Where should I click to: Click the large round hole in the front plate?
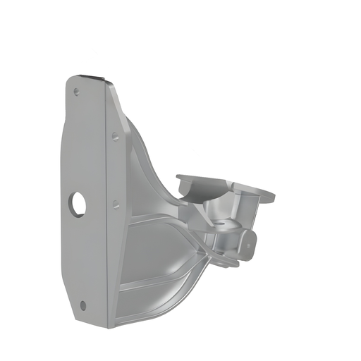click(x=78, y=204)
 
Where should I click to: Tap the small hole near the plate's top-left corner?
click(x=77, y=92)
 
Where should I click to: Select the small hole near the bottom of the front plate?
click(x=83, y=305)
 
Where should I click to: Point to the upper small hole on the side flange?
click(x=115, y=136)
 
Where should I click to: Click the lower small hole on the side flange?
click(x=116, y=204)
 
